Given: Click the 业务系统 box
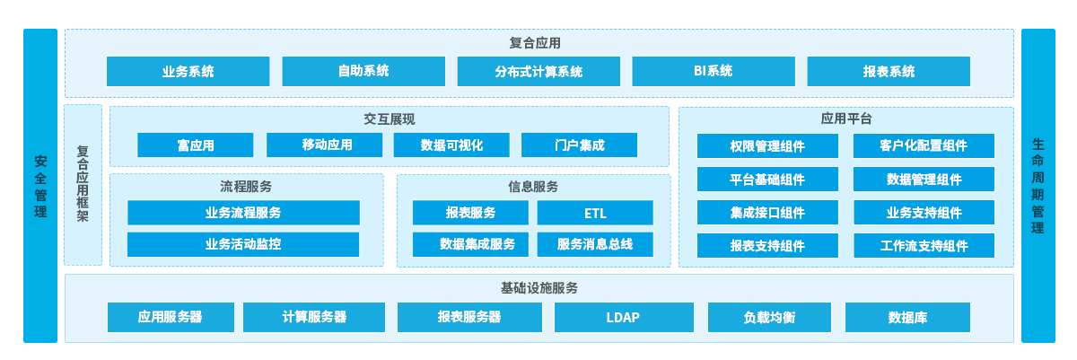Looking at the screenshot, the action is pos(188,71).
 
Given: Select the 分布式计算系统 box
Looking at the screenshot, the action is pos(538,71).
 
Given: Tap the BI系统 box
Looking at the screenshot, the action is pos(714,71).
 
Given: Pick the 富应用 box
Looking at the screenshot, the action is pos(196,145).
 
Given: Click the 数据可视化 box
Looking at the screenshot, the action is pos(451,145).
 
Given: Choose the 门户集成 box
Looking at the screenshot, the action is pos(580,145).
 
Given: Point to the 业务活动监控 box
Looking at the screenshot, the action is pos(243,244).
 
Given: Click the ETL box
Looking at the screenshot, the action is pos(595,213).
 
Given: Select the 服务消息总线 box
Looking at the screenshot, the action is pos(595,244).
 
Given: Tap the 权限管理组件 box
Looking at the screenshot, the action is pos(767,145).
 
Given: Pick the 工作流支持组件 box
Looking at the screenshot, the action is pos(924,246).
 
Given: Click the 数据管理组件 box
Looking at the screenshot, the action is pos(924,180).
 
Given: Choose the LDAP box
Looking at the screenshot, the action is pos(624,317).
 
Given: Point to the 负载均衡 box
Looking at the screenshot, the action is pos(769,317).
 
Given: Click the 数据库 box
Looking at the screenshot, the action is pos(907,317).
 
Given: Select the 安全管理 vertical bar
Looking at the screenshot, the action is pos(40,186).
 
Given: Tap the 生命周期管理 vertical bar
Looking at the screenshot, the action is pos(1038,186).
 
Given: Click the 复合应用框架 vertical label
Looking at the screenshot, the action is pos(83,184).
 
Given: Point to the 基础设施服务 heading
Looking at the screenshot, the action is pos(539,288).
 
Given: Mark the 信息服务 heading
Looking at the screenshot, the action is pos(533,187).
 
